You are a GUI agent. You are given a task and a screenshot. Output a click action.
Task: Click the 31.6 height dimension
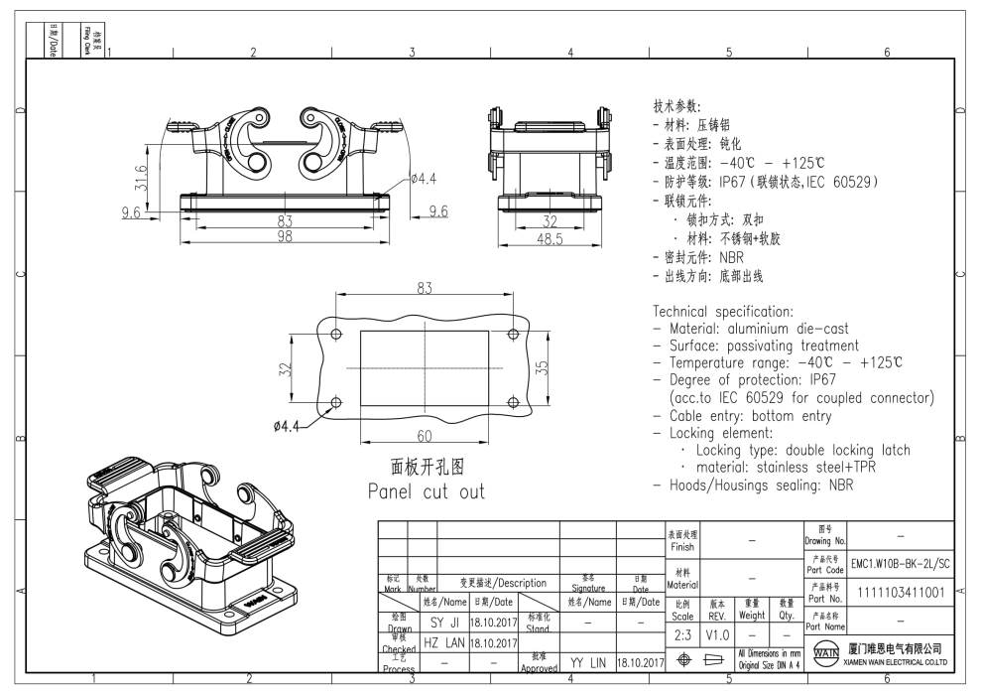[x=142, y=178]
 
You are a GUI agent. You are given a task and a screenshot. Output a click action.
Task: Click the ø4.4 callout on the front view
[x=423, y=179]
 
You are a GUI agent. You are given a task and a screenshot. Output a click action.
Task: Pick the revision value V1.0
[x=718, y=634]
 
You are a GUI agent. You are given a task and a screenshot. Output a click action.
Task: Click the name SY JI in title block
[x=442, y=623]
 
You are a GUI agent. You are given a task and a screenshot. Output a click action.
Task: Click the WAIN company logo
[x=823, y=656]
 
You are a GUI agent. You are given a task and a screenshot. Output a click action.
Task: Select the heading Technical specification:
[x=723, y=311]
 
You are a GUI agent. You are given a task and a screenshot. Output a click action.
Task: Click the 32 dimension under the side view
[x=549, y=221]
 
